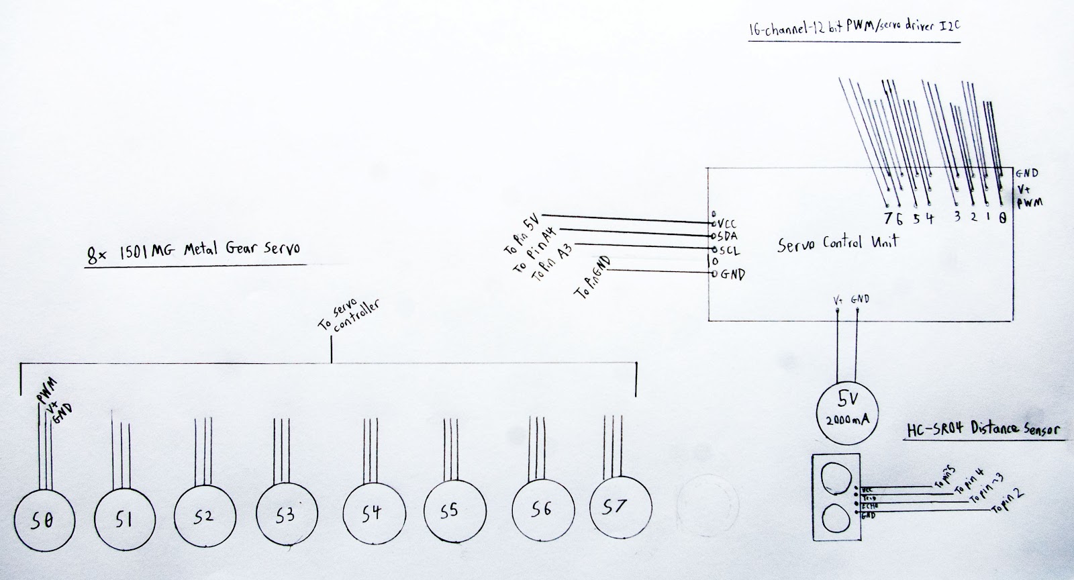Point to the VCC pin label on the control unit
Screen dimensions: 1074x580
(727, 223)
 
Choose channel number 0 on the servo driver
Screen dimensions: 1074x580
(1002, 217)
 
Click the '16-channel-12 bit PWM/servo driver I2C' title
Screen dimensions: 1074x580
(853, 30)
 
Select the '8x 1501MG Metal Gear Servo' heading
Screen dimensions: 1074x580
(194, 254)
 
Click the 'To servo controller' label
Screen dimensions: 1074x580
(349, 316)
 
